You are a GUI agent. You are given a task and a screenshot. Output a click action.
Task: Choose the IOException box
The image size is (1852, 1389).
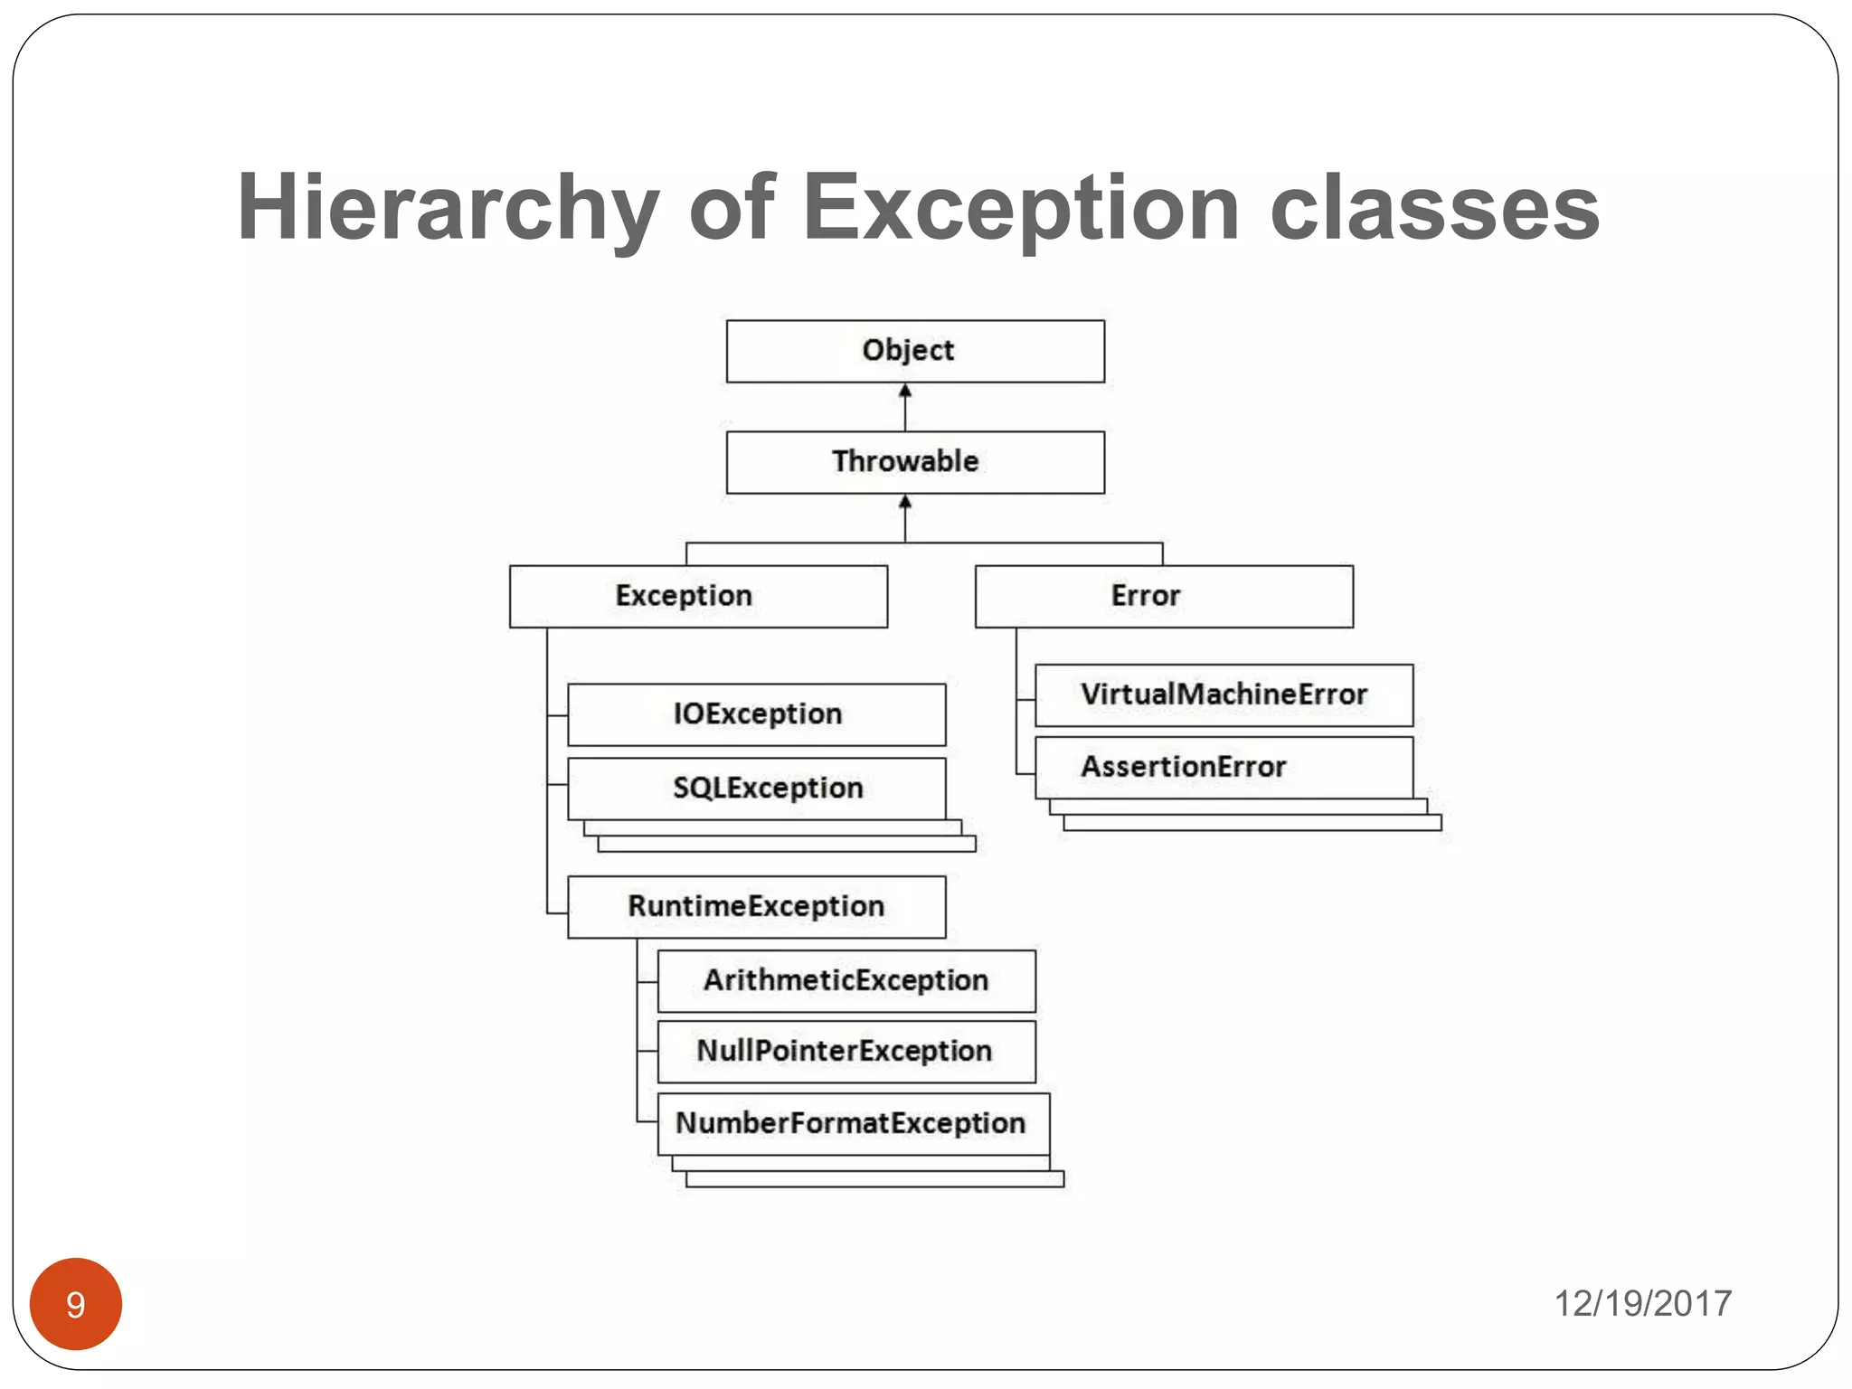(756, 714)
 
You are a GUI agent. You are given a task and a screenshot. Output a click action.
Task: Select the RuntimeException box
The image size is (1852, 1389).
(756, 906)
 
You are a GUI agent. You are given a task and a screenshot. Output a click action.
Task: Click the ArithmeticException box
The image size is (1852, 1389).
(846, 980)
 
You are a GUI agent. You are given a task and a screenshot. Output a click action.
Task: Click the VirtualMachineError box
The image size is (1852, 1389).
(1224, 694)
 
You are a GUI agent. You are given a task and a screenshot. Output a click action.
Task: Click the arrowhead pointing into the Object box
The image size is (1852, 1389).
(905, 391)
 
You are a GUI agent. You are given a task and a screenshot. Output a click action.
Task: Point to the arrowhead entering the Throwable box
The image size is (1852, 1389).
(905, 502)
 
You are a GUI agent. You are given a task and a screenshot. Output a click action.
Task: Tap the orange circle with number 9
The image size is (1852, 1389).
(76, 1303)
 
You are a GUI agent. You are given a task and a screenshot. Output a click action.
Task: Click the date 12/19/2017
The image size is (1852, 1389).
(1642, 1303)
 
